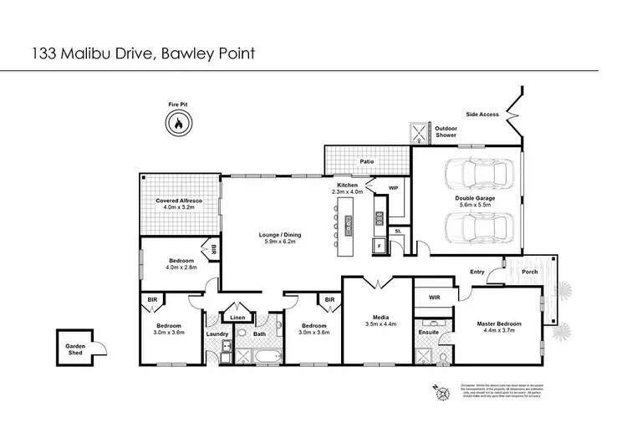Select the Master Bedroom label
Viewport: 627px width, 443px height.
pyautogui.click(x=499, y=323)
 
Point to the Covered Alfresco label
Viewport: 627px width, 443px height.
pyautogui.click(x=176, y=201)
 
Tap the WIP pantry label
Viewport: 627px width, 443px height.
pyautogui.click(x=393, y=189)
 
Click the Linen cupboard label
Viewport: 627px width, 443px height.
pyautogui.click(x=237, y=318)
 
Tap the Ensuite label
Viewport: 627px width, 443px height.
pyautogui.click(x=427, y=333)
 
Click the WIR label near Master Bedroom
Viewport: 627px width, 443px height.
pyautogui.click(x=434, y=296)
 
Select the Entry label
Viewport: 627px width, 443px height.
pyautogui.click(x=477, y=271)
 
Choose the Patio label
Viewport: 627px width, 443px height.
pyautogui.click(x=366, y=161)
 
